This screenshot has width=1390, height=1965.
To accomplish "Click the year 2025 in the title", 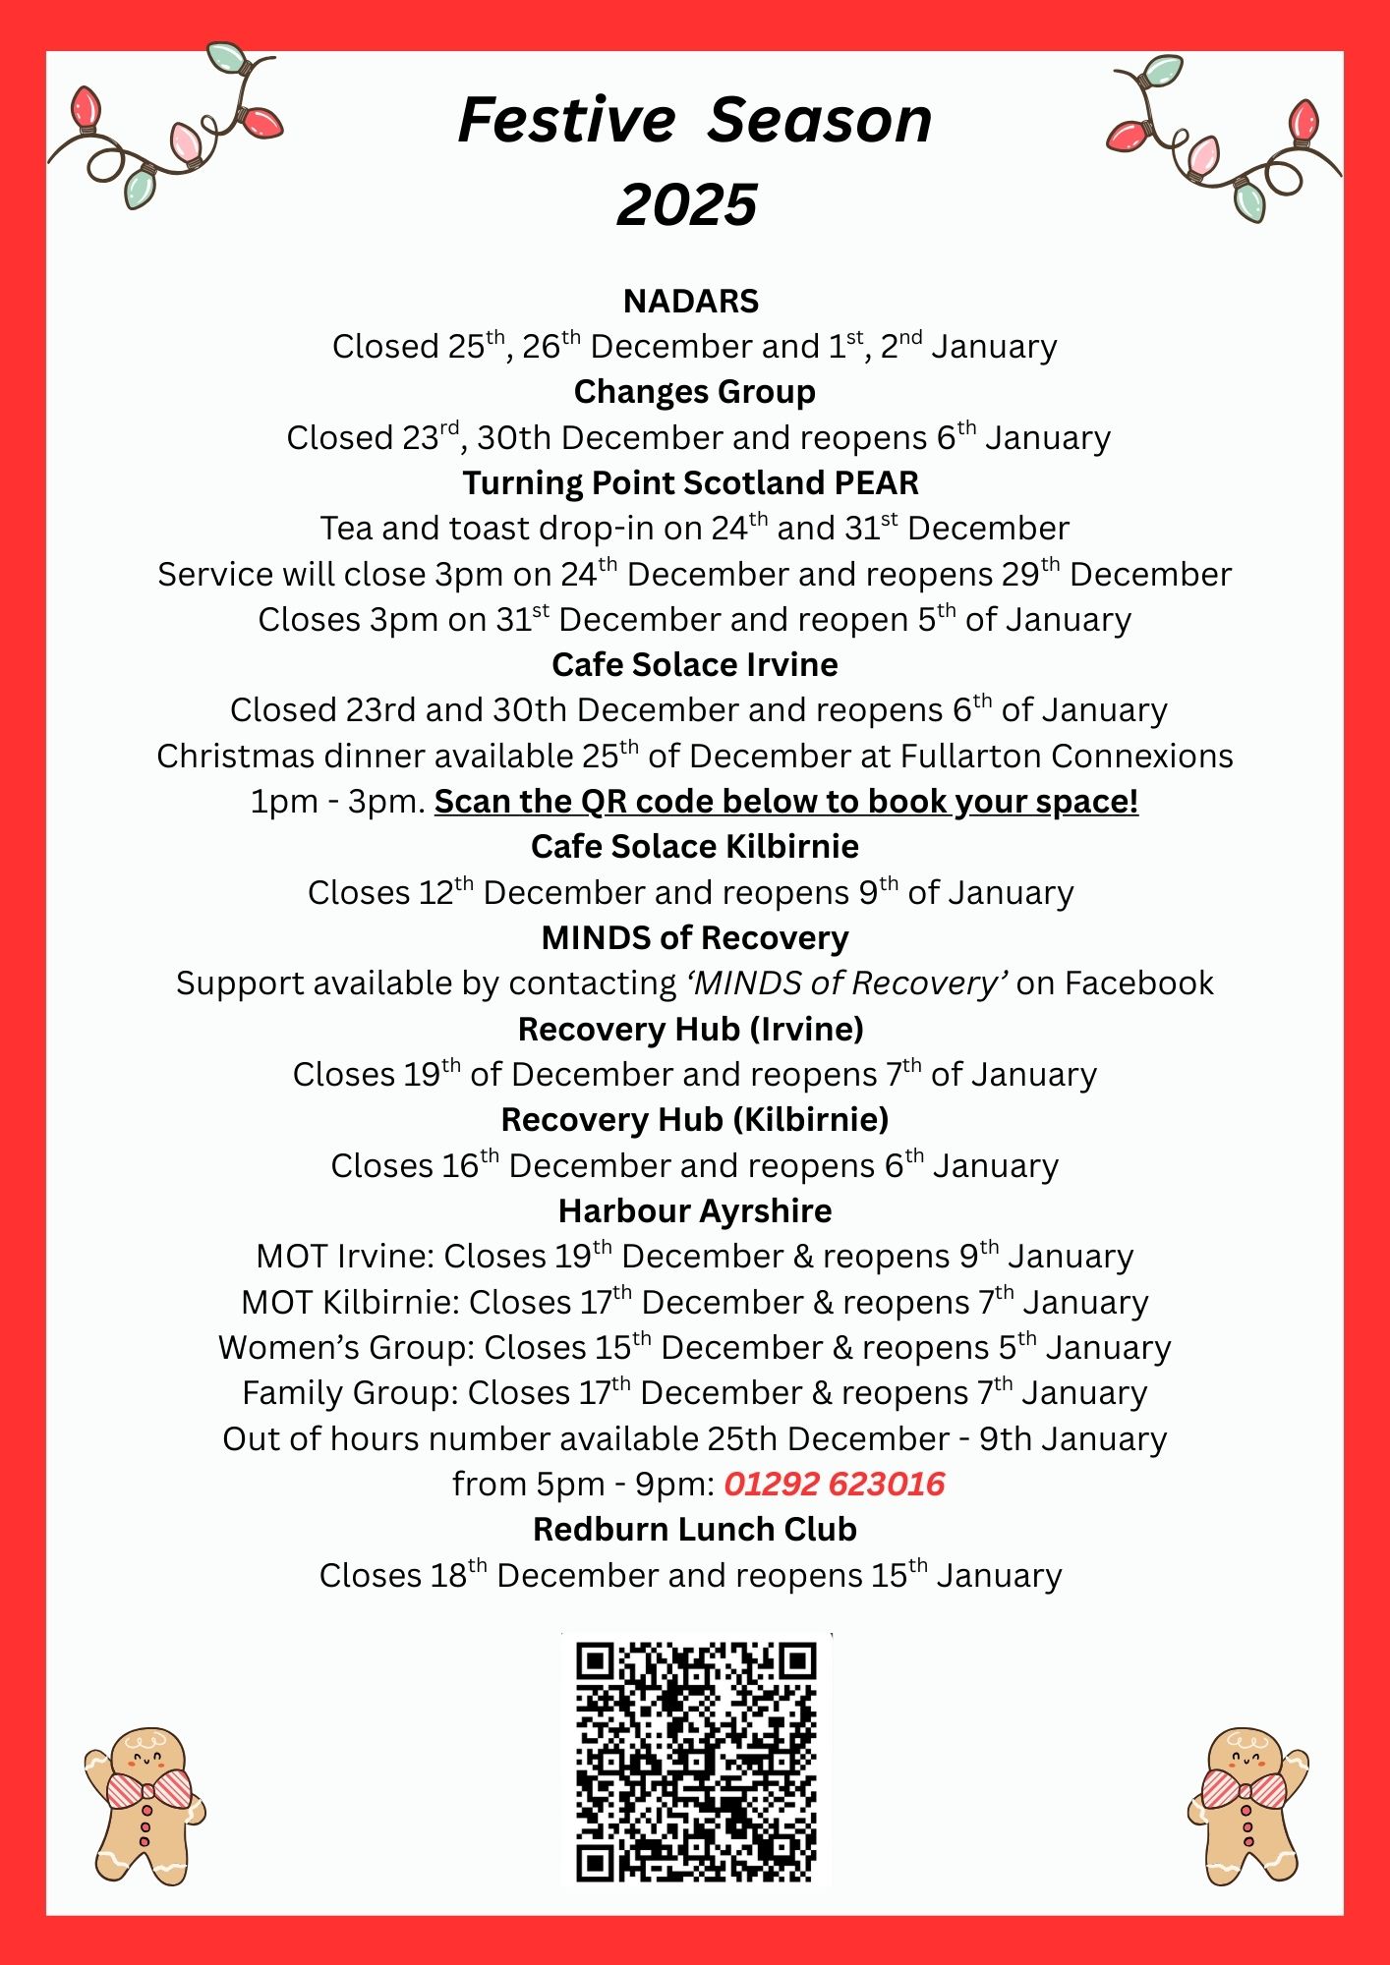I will [687, 204].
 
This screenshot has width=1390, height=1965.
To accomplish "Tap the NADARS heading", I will [691, 301].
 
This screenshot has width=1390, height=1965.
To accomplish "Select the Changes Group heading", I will [694, 391].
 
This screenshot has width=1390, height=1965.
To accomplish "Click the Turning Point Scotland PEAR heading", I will [691, 482].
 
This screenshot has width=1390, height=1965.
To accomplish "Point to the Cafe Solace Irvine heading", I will [694, 664].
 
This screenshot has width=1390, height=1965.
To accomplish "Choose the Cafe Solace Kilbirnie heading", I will [694, 846].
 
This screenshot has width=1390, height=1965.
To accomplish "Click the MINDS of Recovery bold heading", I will [694, 937].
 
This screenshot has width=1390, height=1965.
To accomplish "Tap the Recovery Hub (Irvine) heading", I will [691, 1029].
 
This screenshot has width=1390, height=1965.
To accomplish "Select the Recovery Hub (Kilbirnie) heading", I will [694, 1119].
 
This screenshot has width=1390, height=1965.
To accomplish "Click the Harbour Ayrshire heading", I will [694, 1210].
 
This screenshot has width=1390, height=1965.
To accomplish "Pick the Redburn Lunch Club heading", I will [694, 1529].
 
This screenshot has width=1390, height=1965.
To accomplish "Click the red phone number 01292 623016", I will [834, 1484].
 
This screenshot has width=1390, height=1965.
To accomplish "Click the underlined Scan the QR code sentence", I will [785, 802].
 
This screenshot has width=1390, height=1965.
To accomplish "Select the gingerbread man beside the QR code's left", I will [145, 1806].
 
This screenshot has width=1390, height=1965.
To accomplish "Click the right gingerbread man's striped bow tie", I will [1244, 1788].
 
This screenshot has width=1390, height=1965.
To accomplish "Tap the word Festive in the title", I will [567, 120].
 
